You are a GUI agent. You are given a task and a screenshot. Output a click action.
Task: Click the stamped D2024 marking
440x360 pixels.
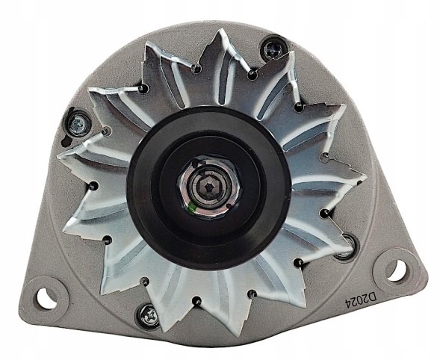click(x=362, y=300)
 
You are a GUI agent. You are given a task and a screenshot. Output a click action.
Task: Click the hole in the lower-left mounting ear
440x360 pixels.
click(x=45, y=296)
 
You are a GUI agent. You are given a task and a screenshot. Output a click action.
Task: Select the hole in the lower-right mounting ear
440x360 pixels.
click(x=396, y=270)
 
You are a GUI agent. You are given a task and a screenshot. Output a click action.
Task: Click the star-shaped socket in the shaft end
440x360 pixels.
click(x=208, y=186)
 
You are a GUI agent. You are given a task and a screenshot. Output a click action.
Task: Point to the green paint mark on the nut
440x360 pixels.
click(x=191, y=208)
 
